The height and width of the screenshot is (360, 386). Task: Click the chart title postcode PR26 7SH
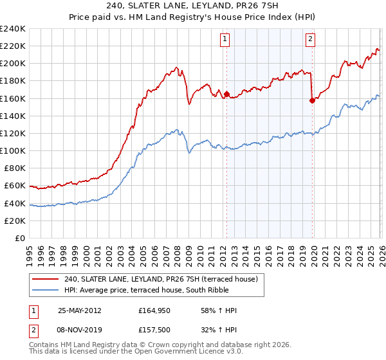click(x=259, y=7)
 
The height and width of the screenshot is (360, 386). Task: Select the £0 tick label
click(x=19, y=238)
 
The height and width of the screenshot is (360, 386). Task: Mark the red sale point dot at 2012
click(x=226, y=94)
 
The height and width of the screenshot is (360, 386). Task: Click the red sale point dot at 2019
click(x=312, y=100)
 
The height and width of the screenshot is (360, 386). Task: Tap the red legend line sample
click(x=46, y=279)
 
